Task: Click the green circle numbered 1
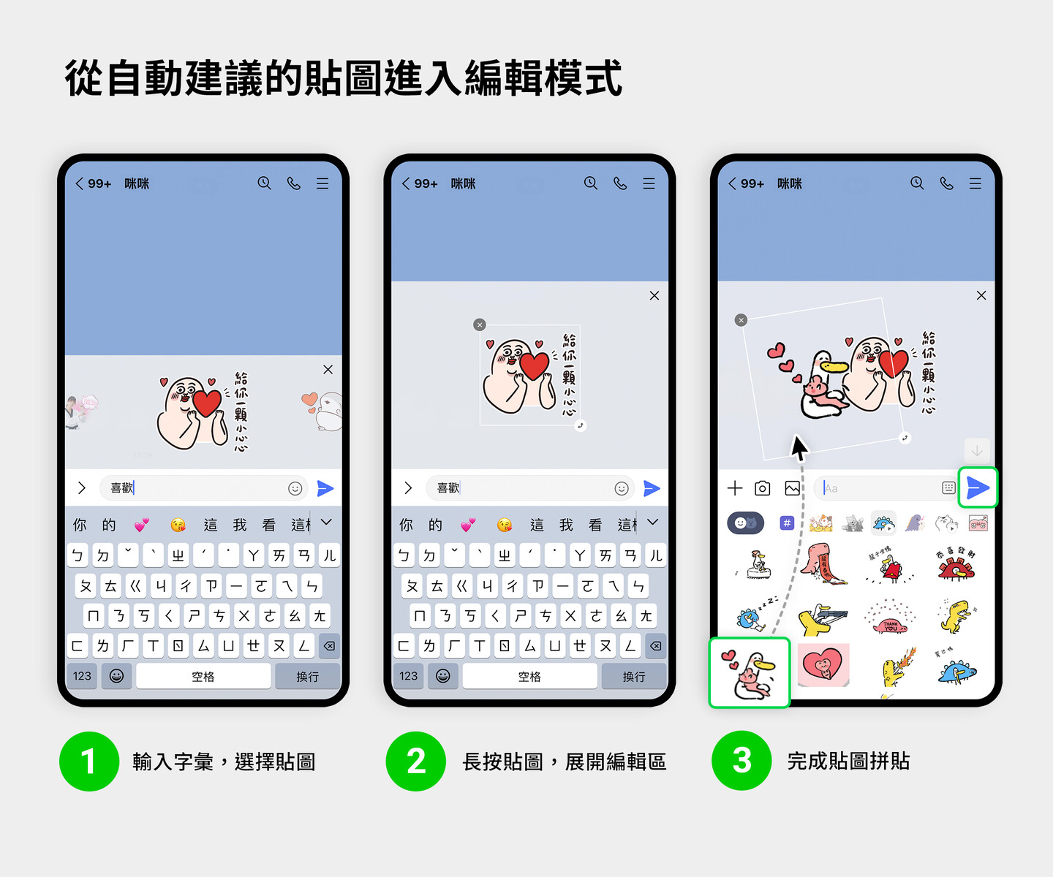coord(89,762)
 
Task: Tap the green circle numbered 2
coord(415,762)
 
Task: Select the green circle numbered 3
coord(741,762)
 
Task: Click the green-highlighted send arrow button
coord(978,487)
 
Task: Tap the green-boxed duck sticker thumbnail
coord(750,672)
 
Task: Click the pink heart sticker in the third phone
coord(823,665)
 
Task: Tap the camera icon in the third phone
coord(762,488)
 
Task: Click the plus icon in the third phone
coord(735,488)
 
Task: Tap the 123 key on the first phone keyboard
coord(82,676)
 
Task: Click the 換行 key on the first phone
coord(307,677)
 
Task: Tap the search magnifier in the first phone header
coord(264,183)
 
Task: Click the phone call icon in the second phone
coord(620,183)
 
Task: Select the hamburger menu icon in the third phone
coord(975,183)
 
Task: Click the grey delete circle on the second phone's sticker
coord(480,324)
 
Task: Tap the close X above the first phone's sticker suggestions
coord(328,370)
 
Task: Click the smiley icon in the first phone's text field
coord(295,488)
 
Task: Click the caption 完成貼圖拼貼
coord(848,762)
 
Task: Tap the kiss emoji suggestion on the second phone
coord(504,525)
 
